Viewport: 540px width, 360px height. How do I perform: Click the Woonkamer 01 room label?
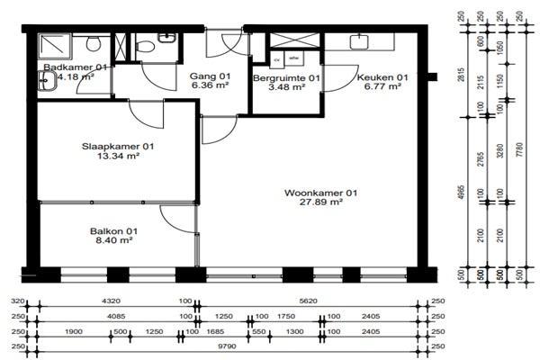click(x=321, y=193)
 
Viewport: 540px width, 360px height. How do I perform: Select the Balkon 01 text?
click(x=112, y=230)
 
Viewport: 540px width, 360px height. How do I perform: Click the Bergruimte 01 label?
click(x=286, y=78)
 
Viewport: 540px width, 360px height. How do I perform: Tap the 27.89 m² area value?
click(x=321, y=202)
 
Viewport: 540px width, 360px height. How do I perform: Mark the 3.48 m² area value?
click(x=286, y=88)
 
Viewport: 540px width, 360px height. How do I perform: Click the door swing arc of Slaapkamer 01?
click(x=146, y=112)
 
